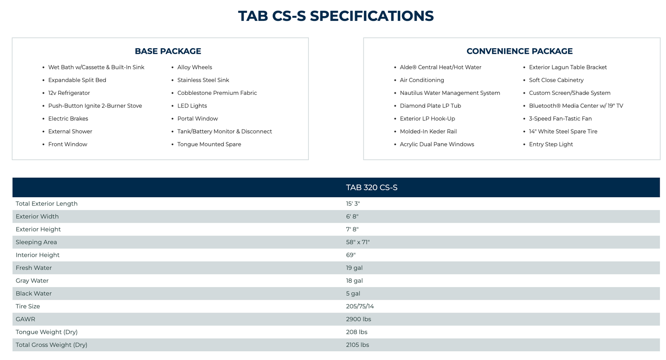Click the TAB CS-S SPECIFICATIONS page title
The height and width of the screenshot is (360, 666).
coord(335,16)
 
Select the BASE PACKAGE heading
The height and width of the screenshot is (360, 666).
coord(168,51)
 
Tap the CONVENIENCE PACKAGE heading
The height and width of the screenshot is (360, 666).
coord(519,51)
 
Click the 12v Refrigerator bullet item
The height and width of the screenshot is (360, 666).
coord(69,93)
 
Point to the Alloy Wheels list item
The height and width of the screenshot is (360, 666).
coord(195,67)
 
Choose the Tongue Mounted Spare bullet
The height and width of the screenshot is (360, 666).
coord(209,144)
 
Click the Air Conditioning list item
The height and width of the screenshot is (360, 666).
coord(422,80)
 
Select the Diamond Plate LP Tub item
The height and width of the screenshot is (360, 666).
coord(430,106)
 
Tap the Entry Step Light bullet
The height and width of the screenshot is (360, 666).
coord(551,144)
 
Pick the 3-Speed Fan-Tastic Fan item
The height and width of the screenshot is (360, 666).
coord(560,119)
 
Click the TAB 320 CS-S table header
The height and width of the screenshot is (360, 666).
coord(372,188)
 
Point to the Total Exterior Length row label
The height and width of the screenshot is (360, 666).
coord(47,204)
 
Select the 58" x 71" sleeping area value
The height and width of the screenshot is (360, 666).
coord(358,242)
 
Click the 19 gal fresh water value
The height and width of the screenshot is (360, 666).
coord(354,268)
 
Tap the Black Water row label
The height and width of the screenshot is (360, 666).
coord(34,293)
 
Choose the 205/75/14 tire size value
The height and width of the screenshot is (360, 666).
coord(360,306)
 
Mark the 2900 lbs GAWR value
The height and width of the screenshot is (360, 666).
coord(358,319)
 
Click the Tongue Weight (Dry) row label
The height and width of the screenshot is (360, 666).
coord(47,332)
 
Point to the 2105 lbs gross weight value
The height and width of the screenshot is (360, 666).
coord(358,345)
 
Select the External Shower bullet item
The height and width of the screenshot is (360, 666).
coord(70,132)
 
